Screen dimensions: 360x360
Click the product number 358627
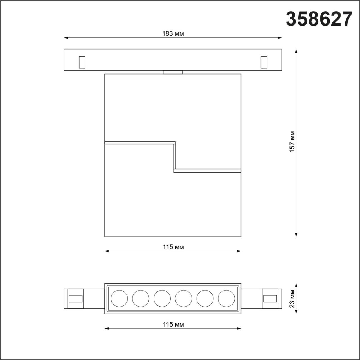pyautogui.click(x=319, y=19)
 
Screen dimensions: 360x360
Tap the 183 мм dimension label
pyautogui.click(x=173, y=34)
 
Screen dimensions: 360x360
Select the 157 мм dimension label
pyautogui.click(x=292, y=142)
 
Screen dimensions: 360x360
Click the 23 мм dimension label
pyautogui.click(x=292, y=299)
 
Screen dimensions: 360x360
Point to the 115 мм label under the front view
pyautogui.click(x=173, y=247)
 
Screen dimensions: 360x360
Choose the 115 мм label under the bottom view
pyautogui.click(x=173, y=325)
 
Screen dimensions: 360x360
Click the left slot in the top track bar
pyautogui.click(x=82, y=62)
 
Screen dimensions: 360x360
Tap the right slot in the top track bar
pyautogui.click(x=264, y=62)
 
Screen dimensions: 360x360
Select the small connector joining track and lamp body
pyautogui.click(x=173, y=72)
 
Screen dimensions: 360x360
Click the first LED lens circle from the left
pyautogui.click(x=119, y=298)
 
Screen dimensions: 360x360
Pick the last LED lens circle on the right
pyautogui.click(x=226, y=298)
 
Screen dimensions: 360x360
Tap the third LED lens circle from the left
pyautogui.click(x=162, y=298)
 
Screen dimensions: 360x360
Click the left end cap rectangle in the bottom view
pyautogui.click(x=76, y=298)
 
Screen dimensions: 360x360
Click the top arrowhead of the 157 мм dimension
pyautogui.click(x=296, y=51)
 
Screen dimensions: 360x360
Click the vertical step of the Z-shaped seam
pyautogui.click(x=175, y=157)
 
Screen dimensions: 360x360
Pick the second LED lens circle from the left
pyautogui.click(x=141, y=298)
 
